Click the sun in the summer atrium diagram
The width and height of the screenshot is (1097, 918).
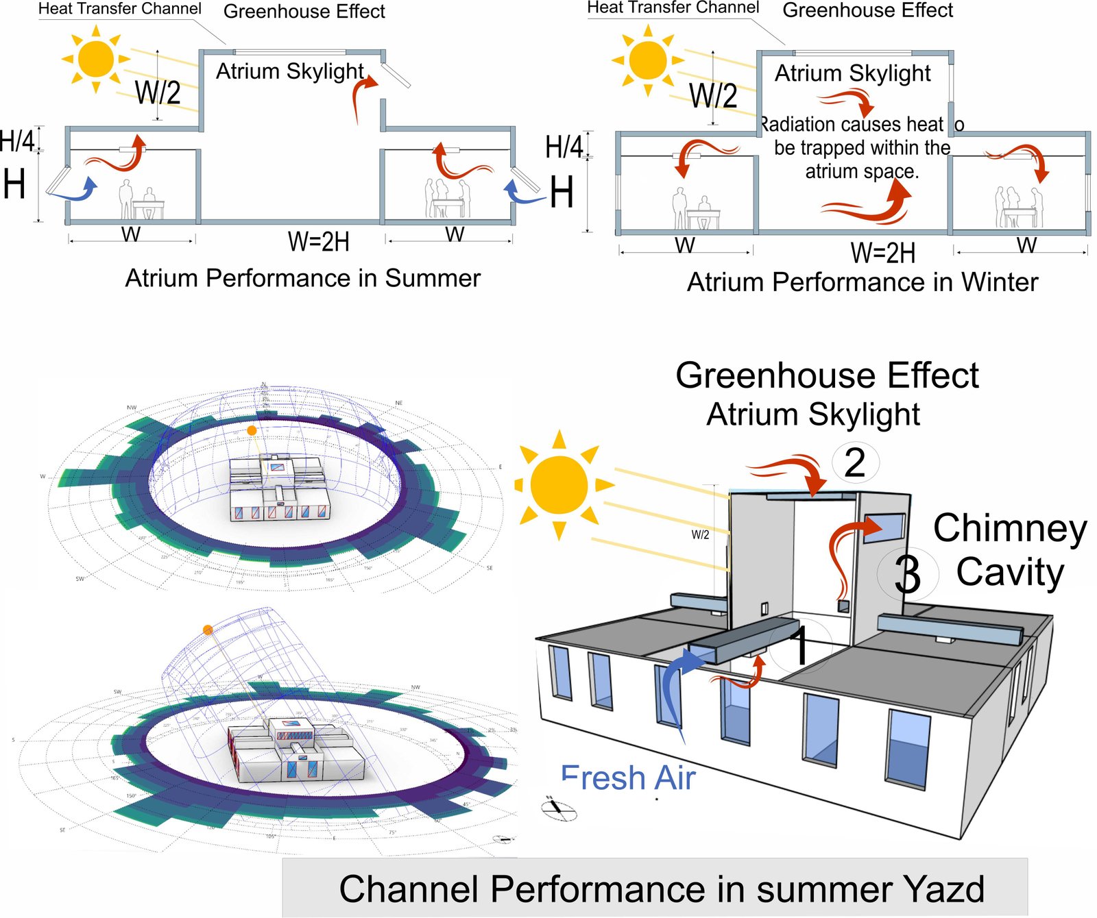point(96,58)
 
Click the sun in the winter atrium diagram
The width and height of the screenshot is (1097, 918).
point(648,60)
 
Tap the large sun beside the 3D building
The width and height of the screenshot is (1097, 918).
point(559,484)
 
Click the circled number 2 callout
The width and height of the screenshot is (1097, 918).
point(855,462)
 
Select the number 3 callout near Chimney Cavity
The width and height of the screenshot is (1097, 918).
point(907,574)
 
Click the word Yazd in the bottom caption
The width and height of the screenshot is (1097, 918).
point(945,889)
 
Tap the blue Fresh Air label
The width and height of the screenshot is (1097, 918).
point(628,778)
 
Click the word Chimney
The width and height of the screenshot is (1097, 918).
point(1010,529)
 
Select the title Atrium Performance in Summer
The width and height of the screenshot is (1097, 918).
point(302,278)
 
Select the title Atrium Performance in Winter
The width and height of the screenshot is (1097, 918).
point(862,282)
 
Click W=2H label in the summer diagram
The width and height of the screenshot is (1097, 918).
point(318,242)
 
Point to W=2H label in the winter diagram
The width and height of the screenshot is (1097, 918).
point(882,253)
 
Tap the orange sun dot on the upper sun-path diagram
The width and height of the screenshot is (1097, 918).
point(252,430)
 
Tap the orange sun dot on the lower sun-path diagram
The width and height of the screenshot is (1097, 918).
point(208,630)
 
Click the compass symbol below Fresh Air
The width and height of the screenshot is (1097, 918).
point(559,810)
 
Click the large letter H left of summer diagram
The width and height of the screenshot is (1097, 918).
point(14,185)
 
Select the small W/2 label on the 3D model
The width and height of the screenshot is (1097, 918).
point(700,535)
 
